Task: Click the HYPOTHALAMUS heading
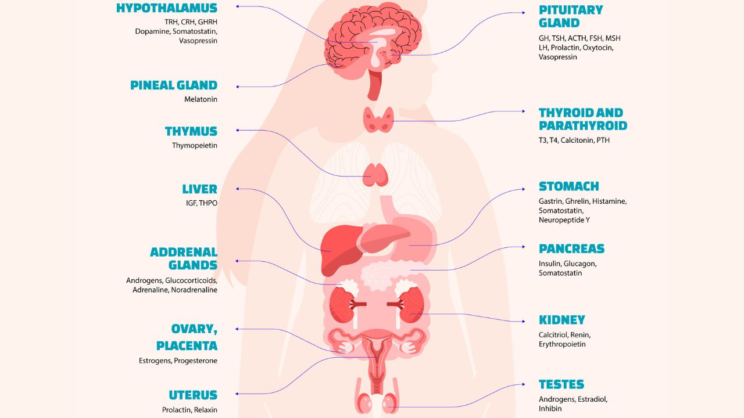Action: [x=167, y=8]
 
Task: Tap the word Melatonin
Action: [x=201, y=99]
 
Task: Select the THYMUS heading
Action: [x=191, y=131]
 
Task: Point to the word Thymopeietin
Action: [x=195, y=146]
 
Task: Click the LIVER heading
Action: [x=199, y=189]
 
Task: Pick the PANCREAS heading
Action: [x=571, y=249]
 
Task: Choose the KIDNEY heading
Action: [x=561, y=320]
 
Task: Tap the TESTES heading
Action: [x=561, y=384]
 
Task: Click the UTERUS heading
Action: [x=193, y=395]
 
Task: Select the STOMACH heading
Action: [x=568, y=186]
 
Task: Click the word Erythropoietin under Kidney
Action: [x=562, y=344]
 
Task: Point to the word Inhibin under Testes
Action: [x=550, y=409]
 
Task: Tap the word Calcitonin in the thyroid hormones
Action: [x=577, y=140]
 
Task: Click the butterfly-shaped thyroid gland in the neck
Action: [x=378, y=120]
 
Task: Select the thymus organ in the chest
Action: [x=376, y=174]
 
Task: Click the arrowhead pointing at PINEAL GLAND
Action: [x=238, y=87]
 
